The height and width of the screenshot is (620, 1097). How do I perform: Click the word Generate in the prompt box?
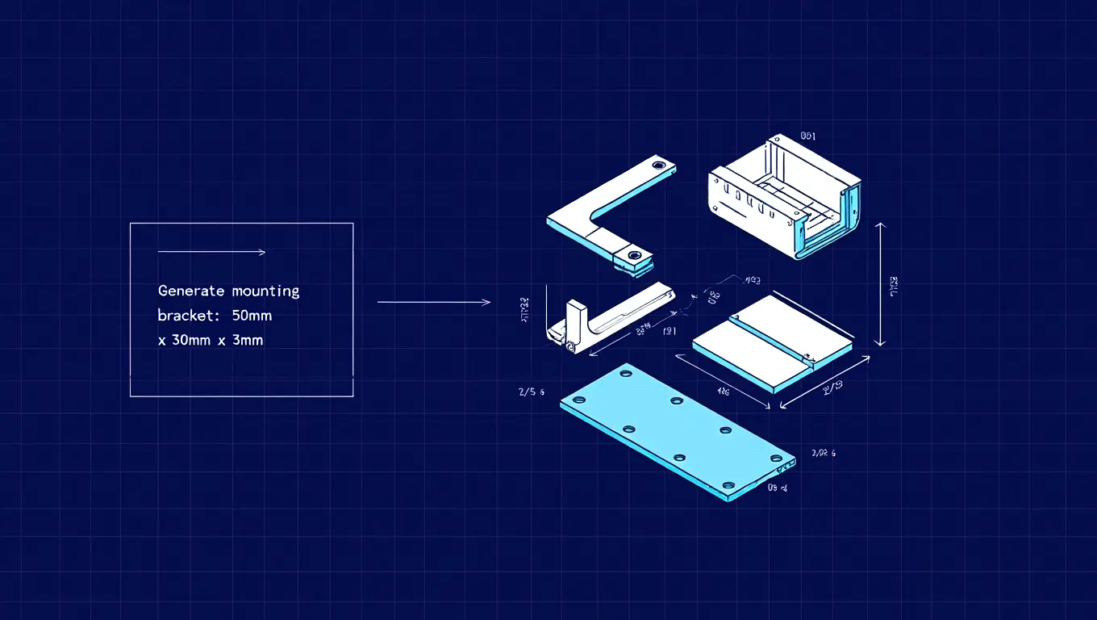point(191,291)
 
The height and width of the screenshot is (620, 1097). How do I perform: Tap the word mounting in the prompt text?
point(265,291)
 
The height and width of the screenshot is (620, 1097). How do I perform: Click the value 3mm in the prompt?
point(247,341)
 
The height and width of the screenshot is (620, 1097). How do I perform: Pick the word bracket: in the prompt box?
point(186,316)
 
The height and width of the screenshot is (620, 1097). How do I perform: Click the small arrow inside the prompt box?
point(211,253)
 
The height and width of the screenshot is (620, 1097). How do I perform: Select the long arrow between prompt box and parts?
point(433,303)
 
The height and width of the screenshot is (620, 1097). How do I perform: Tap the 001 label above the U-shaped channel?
point(808,137)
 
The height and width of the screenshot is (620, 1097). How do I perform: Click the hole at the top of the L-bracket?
point(659,165)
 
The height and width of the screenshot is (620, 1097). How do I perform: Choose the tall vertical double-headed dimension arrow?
point(881,284)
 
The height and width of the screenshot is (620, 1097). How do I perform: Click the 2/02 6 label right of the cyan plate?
point(824,454)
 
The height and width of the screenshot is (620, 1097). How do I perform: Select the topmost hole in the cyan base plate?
point(625,375)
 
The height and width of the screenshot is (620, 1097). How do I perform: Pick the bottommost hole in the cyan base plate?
point(729,486)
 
